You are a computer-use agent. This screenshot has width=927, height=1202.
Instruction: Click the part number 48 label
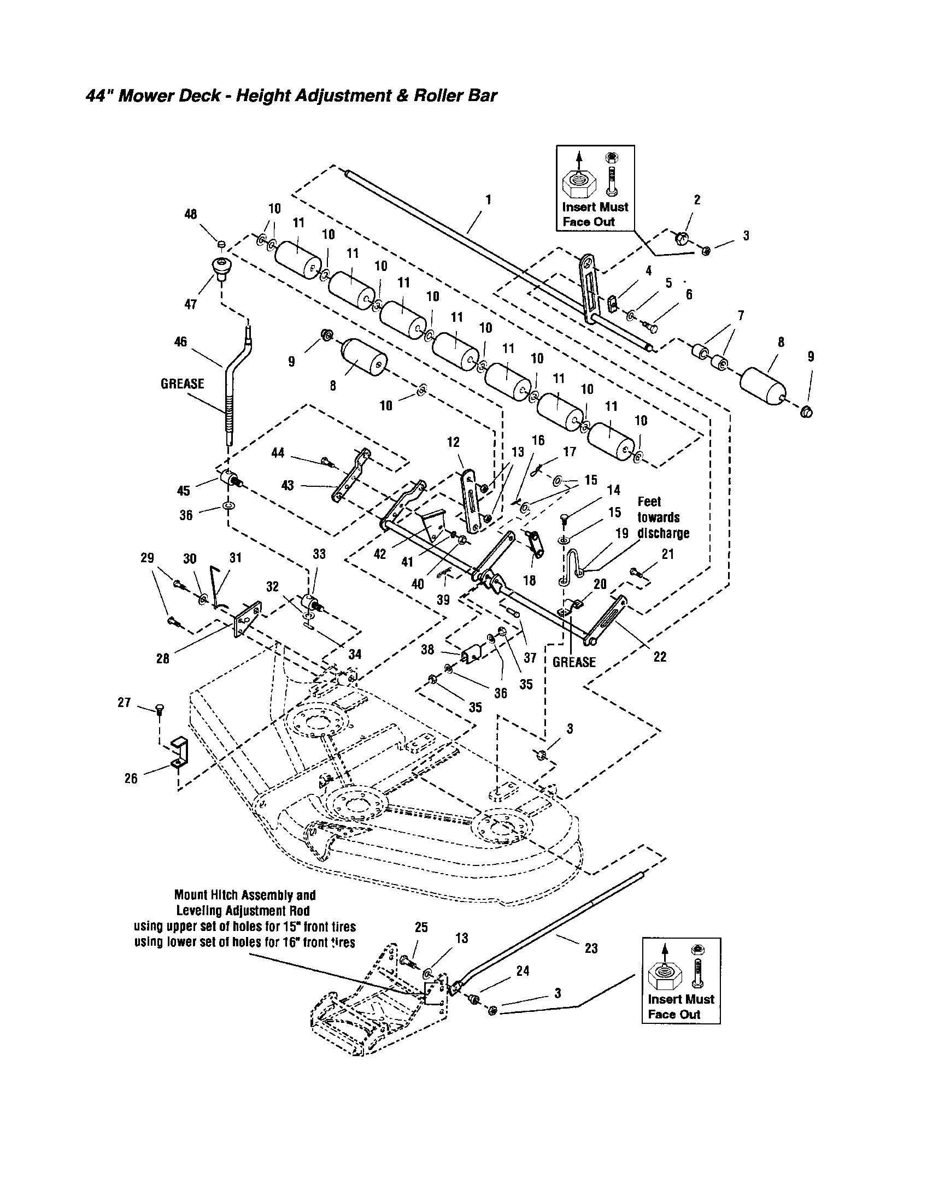point(190,214)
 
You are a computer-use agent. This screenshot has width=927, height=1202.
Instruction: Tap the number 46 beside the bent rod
point(180,342)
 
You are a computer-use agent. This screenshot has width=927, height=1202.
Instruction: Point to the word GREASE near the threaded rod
point(182,384)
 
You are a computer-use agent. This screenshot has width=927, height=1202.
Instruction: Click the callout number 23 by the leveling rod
point(591,948)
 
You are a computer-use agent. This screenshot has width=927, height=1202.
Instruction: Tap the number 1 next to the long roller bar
point(488,199)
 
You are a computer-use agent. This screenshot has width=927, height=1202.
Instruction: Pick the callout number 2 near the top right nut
point(697,200)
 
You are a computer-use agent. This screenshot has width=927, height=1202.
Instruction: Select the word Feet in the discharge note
point(649,502)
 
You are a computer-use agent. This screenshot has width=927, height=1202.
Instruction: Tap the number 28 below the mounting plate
point(163,658)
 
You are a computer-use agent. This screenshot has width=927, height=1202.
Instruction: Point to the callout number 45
point(183,491)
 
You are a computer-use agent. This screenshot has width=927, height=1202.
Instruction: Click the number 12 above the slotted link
point(453,442)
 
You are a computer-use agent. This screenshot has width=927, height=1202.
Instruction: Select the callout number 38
point(427,650)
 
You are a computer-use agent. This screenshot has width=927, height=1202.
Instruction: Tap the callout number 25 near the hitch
point(421,927)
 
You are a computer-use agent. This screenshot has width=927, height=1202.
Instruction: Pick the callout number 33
point(319,554)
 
